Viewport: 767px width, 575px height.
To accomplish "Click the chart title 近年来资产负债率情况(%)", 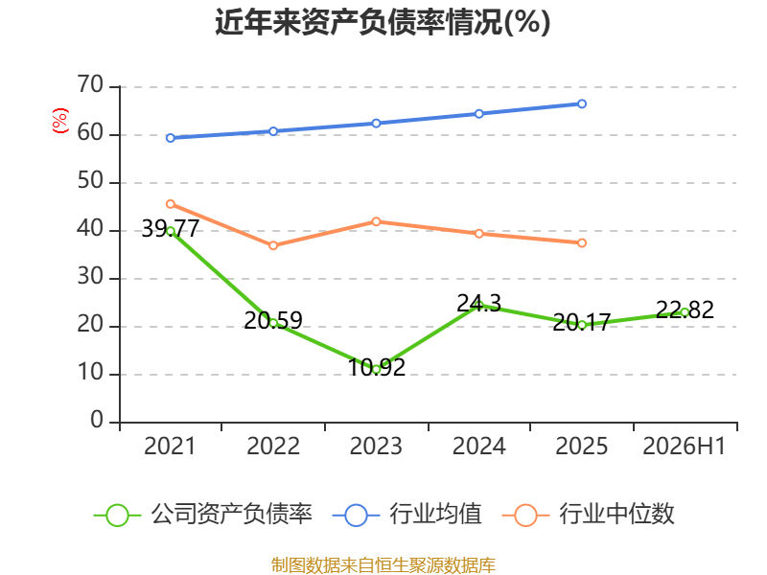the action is pos(383,22).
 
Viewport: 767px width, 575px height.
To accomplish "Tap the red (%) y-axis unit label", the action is pos(60,121).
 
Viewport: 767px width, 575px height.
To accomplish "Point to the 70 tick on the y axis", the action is pos(90,84).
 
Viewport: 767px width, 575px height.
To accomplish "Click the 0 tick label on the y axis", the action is pos(97,420).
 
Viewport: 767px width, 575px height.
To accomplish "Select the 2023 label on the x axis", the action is pos(376,446).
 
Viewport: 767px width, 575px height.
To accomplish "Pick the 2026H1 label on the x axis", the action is pos(684,446).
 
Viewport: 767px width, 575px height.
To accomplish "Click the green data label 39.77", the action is pos(171,228).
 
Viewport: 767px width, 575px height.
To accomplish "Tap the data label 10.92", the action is pos(376,367).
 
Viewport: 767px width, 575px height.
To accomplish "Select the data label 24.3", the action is pos(478,304).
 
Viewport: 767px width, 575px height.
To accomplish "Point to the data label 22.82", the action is pos(685,310).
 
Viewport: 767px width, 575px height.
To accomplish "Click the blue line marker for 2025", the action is pos(582,103).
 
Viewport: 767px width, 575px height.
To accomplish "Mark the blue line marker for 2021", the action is pos(171,138).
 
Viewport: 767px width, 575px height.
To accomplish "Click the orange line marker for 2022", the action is pos(273,245).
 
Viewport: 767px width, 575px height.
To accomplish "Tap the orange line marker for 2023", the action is pos(376,221).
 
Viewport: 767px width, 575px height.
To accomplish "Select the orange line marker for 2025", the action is pos(582,243).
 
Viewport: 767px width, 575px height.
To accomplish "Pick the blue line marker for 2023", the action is pos(376,124).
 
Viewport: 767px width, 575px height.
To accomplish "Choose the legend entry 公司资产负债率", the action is pos(202,515).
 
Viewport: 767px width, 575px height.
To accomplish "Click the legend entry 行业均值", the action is pos(407,515).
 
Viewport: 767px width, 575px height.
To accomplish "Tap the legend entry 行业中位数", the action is pos(588,515).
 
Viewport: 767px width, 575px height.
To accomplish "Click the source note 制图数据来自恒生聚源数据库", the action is pos(383,565).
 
